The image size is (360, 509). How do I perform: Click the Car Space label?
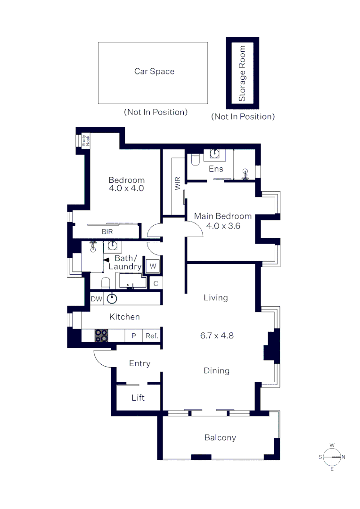[154, 72]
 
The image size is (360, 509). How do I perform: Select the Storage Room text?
[242, 74]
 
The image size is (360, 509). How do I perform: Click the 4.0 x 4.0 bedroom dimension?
[126, 188]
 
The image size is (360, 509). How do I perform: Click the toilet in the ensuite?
[195, 161]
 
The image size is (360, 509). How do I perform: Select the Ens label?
[216, 169]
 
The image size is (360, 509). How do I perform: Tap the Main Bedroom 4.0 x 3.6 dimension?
[223, 225]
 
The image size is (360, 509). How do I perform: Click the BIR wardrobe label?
[107, 232]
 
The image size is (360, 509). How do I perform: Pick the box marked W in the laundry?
[153, 266]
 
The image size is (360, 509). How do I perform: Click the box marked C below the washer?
[155, 283]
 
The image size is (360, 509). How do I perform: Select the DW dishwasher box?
[96, 298]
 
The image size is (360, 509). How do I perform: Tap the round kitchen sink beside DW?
[112, 298]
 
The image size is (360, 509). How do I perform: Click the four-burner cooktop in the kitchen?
[101, 335]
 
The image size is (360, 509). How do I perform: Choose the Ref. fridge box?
[151, 336]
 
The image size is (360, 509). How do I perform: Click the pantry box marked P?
[133, 336]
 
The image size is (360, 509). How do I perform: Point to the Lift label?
[138, 398]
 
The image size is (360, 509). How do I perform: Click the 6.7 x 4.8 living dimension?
[217, 336]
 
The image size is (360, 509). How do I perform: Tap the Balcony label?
[220, 437]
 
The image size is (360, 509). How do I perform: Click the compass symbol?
[332, 457]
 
